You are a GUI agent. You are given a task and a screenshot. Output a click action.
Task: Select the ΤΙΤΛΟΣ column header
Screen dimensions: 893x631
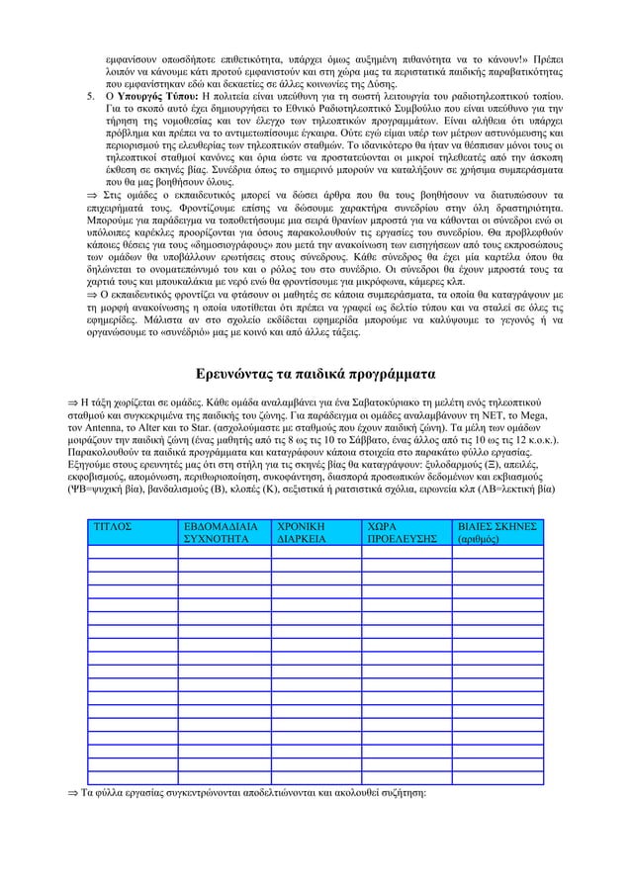tap(111, 528)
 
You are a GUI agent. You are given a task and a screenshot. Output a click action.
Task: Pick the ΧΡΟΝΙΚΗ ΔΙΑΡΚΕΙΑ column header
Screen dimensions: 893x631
tap(311, 534)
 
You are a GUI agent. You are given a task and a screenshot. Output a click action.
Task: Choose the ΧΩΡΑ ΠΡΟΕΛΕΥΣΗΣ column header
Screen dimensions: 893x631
tap(400, 534)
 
